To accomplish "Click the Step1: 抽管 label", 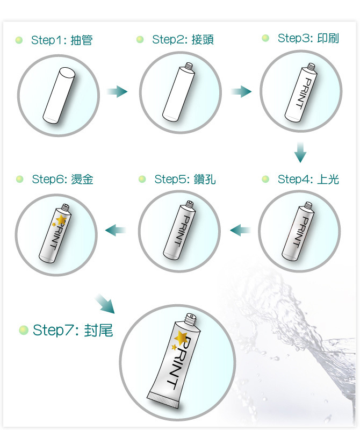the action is pos(62,40).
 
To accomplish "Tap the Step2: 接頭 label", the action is pos(183,39).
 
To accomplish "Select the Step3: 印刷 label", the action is pos(308,38).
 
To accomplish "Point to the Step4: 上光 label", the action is pos(308,180).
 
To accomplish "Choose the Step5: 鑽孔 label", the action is pos(185,180).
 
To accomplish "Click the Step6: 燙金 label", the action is pos(62,180).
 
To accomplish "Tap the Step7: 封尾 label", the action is pos(73,330).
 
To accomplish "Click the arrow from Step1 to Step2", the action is pos(117,91).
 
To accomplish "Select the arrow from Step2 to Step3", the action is pos(241,91).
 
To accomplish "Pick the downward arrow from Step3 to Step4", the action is pos(300,153).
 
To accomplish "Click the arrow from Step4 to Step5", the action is pos(240,230).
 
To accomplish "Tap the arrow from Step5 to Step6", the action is pos(116,230).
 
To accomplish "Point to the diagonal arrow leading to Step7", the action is pos(105,304).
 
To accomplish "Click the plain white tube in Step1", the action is pos(59,95).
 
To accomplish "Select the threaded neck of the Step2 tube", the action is pos(189,66).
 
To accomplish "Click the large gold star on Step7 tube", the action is pos(181,338).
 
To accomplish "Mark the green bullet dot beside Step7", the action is pos(24,330).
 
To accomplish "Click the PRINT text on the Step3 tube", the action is pos(305,94).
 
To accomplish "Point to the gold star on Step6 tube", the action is pos(61,220).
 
